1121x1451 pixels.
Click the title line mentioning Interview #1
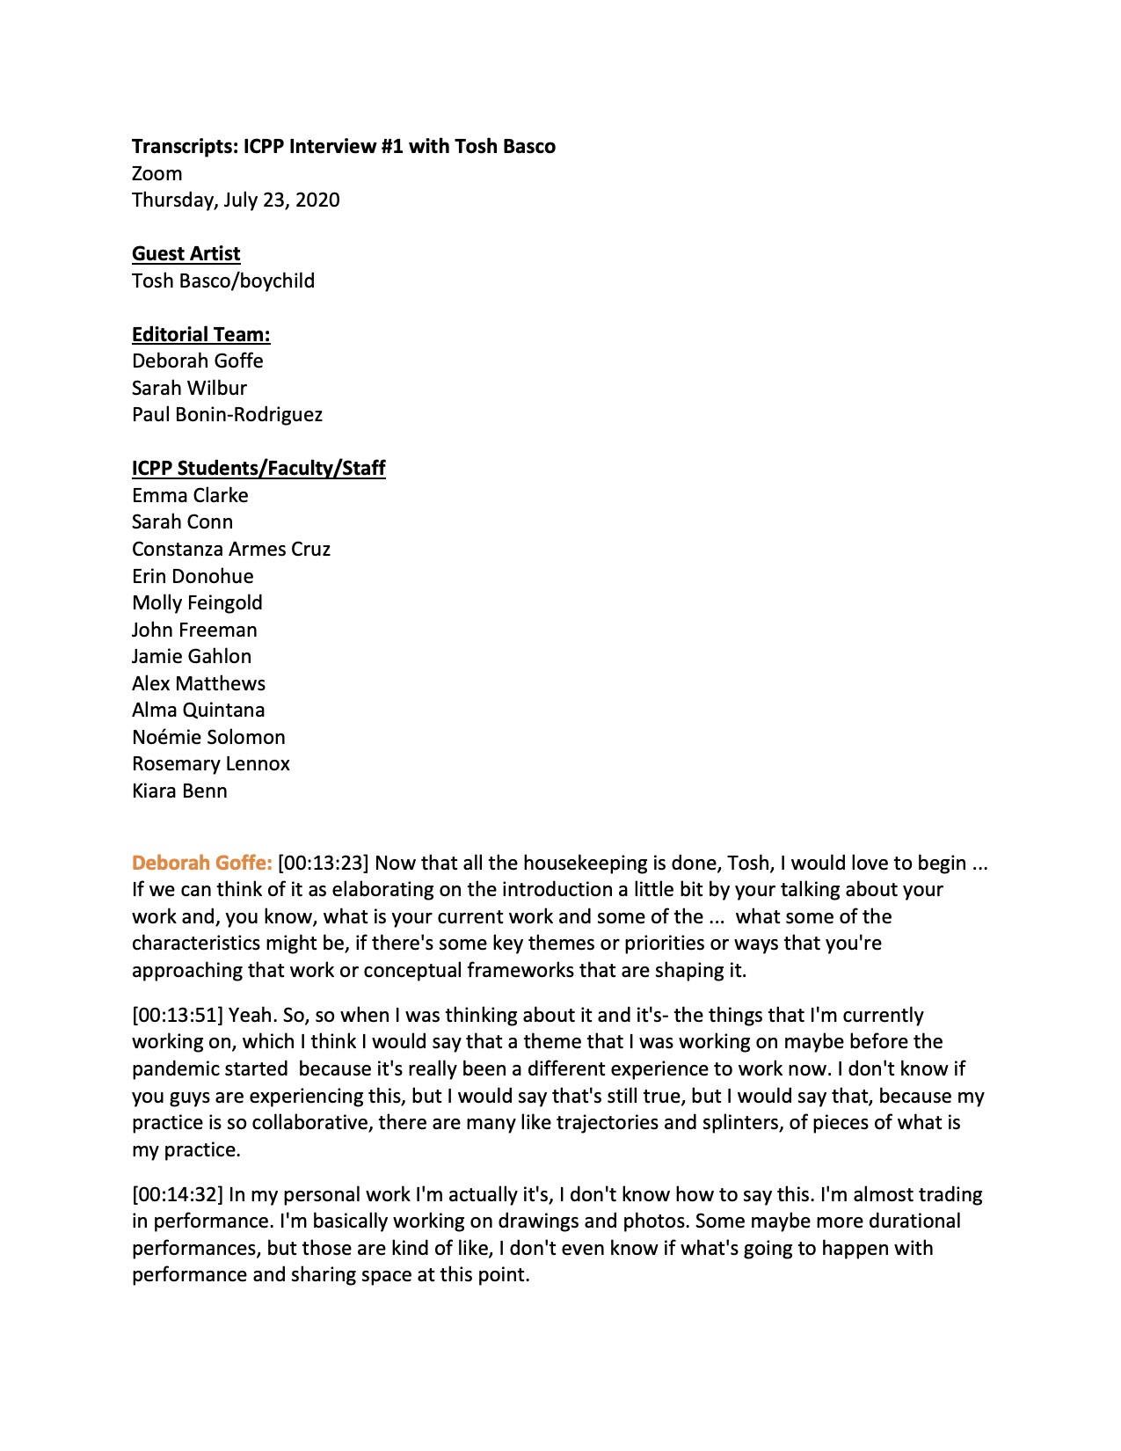coord(343,146)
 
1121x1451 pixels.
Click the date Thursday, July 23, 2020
coord(236,200)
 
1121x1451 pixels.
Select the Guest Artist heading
coord(186,253)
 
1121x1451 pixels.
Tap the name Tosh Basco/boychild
coord(223,281)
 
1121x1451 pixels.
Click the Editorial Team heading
coord(200,334)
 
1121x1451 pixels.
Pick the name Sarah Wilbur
coord(189,388)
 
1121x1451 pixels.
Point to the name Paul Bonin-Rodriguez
coord(227,414)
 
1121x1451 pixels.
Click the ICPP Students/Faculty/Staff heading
coord(258,468)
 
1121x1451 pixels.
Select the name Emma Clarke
coord(190,495)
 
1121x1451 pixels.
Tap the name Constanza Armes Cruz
coord(231,549)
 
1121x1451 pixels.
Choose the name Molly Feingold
coord(197,602)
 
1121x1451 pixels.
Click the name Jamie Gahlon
coord(192,656)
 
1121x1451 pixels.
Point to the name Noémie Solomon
coord(208,737)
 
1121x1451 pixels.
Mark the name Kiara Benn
coord(179,791)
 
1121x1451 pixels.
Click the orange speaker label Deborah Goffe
coord(201,863)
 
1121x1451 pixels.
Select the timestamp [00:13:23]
coord(324,863)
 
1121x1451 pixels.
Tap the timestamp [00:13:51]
coord(178,1015)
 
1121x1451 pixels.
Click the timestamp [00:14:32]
coord(178,1194)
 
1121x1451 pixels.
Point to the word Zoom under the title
coord(157,173)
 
